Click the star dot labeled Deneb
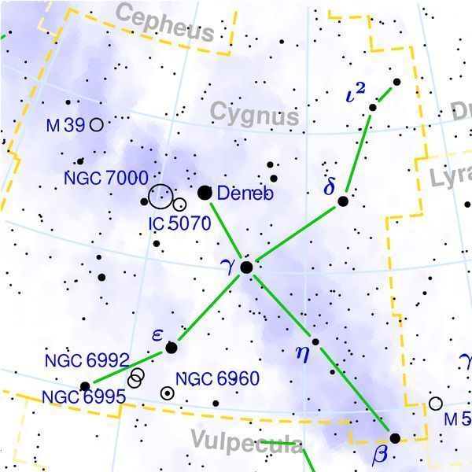pos(205,192)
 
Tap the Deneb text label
pos(245,193)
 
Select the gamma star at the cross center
pos(246,267)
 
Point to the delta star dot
pos(343,201)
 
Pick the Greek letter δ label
pos(330,187)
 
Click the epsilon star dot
pos(171,347)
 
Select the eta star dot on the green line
pos(315,341)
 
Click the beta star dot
pos(395,438)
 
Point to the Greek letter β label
pos(382,454)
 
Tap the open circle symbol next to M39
pos(96,124)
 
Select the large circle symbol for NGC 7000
pos(160,194)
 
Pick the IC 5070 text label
pos(180,223)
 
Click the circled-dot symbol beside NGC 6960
pos(167,393)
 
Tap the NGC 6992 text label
pos(87,361)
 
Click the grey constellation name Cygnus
pos(255,116)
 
